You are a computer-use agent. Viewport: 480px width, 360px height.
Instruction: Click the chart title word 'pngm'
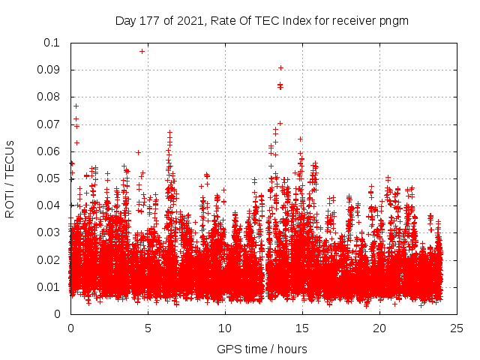point(393,20)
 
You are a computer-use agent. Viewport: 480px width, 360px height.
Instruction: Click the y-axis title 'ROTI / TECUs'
point(10,178)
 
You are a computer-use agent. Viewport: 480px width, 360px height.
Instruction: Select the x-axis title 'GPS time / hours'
point(262,349)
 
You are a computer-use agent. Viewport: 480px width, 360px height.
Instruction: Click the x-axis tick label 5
point(148,328)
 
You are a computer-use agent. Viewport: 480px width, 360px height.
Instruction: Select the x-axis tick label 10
point(225,328)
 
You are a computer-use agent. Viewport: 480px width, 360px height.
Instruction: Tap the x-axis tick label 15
point(302,328)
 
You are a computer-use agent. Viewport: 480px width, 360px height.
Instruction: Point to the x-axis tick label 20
point(379,328)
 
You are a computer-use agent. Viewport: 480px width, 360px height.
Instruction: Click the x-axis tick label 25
point(457,328)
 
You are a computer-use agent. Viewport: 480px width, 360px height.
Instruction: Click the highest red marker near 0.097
point(142,51)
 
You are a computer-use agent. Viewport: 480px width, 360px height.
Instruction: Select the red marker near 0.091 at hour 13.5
point(280,67)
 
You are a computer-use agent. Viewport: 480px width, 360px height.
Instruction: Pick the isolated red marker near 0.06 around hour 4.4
point(138,152)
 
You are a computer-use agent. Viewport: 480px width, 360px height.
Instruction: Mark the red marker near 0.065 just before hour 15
point(300,139)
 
